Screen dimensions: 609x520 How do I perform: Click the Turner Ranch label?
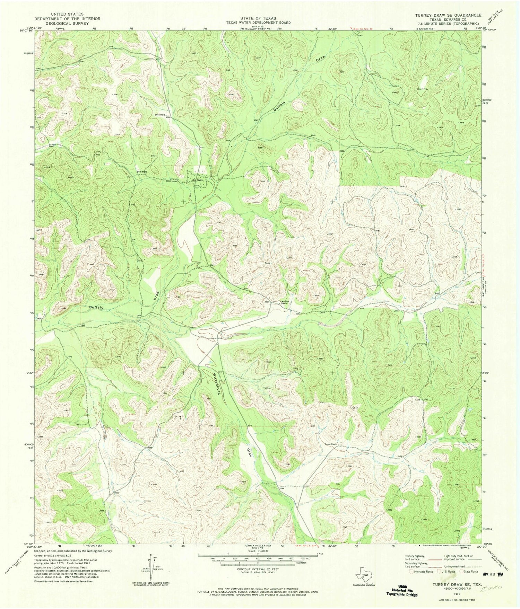tap(331, 444)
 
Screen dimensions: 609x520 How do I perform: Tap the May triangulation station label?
tap(426, 89)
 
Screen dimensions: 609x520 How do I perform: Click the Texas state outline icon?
tap(362, 575)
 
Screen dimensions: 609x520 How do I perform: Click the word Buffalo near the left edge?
tap(96, 307)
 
